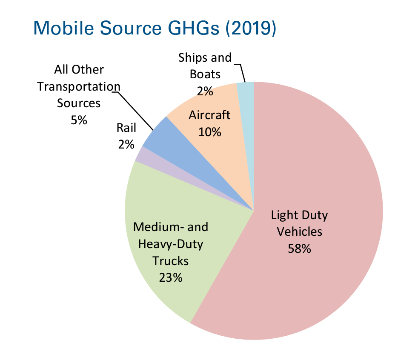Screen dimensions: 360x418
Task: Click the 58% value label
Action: coord(299,249)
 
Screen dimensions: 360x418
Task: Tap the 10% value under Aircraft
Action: coord(209,132)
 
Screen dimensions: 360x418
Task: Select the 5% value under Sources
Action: coord(79,120)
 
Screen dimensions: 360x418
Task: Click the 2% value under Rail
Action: coord(126,145)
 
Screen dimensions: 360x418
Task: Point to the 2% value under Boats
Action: coord(205,91)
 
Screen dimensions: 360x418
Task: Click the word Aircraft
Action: coord(209,115)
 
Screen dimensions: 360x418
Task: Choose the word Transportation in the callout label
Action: coord(79,86)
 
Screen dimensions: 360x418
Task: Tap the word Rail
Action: coord(126,128)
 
